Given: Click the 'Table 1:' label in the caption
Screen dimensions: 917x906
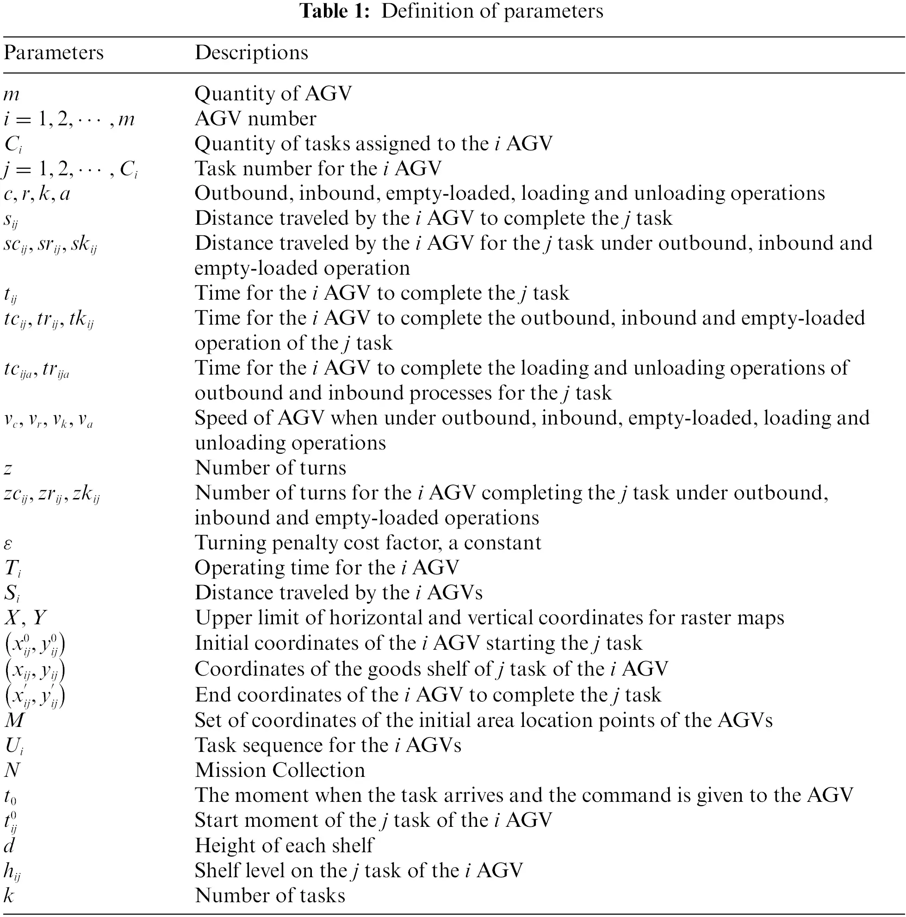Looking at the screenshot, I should coord(334,11).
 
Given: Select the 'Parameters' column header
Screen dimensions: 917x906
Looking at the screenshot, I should coord(53,53).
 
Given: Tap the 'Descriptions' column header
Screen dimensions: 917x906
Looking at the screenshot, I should coord(251,53).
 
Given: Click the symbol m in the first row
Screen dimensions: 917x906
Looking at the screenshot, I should coord(12,94).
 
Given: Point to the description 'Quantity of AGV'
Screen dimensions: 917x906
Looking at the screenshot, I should coord(273,93).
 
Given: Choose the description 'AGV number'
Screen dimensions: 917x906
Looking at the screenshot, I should coord(255,119).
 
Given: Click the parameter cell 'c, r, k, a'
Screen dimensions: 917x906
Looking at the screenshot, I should coord(37,194).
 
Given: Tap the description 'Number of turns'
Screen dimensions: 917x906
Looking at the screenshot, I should coord(270,468).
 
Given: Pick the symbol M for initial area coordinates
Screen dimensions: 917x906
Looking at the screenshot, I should coord(14,720).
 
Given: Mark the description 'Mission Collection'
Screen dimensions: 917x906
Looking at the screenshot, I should coord(279,770).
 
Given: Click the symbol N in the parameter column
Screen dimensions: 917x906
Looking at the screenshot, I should coord(12,770).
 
